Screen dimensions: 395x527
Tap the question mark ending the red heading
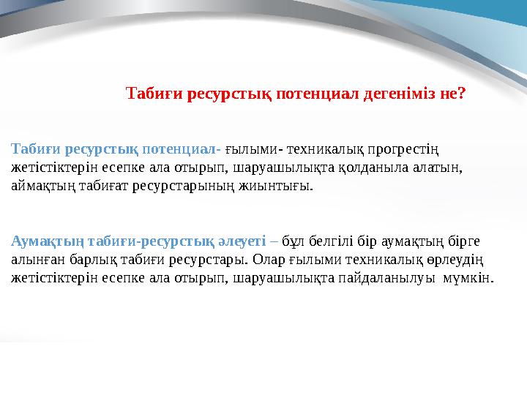pyautogui.click(x=463, y=94)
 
